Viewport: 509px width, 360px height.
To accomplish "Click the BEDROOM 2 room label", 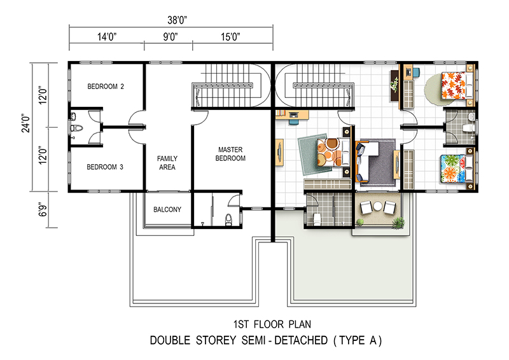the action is pos(106,87).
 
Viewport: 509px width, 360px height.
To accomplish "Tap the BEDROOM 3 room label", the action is pos(105,167).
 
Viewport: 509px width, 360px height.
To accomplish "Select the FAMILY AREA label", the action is pos(167,163).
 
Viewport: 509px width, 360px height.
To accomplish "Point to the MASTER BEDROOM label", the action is pos(230,154).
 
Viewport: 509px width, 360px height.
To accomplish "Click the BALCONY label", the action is pos(167,209).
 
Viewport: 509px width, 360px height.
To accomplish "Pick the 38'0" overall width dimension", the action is pos(178,20).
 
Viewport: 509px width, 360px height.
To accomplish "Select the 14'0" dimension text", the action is pos(107,37).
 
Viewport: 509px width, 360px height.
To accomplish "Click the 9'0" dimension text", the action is pos(171,37).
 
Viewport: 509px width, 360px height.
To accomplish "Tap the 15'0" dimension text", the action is pos(230,37).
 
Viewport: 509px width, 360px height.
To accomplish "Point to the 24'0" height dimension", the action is pos(25,123).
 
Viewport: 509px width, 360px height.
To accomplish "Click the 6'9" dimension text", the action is pos(43,210).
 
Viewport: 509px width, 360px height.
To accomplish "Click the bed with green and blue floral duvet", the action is pos(457,169).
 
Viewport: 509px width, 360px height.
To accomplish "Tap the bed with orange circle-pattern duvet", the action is pos(333,152).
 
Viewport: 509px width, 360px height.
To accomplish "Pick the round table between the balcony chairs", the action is pos(377,206).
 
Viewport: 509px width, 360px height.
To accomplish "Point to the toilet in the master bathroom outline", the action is pos(228,219).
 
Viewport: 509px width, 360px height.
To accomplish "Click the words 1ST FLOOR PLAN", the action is pos(272,324).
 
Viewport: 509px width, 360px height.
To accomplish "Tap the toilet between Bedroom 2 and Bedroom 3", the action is pos(77,128).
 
